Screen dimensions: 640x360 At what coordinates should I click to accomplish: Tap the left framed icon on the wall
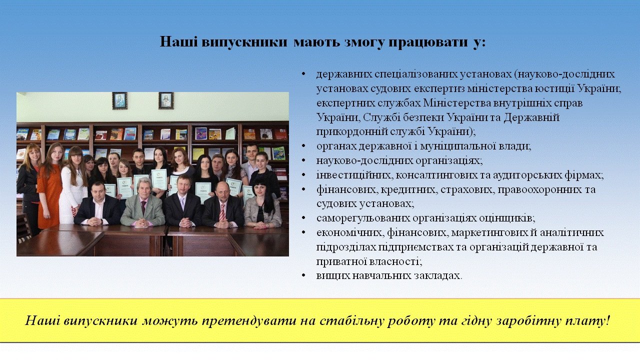[x=119, y=100]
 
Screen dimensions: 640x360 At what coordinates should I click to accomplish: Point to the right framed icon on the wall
[x=166, y=100]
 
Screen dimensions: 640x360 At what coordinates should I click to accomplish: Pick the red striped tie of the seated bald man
[x=222, y=212]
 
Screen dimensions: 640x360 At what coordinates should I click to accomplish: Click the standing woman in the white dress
[x=73, y=185]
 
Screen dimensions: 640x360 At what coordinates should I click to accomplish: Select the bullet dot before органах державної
[x=303, y=146]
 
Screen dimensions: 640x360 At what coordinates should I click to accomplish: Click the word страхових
[x=466, y=189]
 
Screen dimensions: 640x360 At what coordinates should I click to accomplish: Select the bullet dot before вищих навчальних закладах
[x=303, y=275]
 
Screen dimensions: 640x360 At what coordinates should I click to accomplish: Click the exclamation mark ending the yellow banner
[x=607, y=320]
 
